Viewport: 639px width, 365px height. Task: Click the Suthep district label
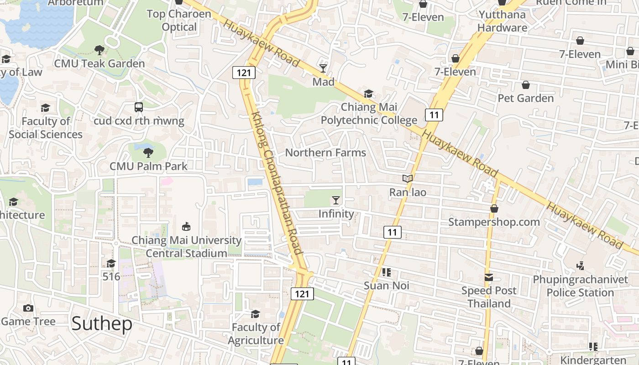(102, 323)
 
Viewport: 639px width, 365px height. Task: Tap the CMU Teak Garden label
(100, 63)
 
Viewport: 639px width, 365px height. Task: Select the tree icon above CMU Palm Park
(148, 152)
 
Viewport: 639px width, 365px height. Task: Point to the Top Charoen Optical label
(179, 21)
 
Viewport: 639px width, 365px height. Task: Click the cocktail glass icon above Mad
(323, 68)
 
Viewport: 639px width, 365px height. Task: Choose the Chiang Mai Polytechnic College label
(369, 114)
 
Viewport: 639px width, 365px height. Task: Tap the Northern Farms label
(325, 153)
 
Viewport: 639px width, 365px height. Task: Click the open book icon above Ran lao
(408, 179)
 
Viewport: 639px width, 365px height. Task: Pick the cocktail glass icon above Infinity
(336, 200)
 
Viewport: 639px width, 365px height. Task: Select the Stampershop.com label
(494, 222)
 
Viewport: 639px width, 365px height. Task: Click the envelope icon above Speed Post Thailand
(489, 277)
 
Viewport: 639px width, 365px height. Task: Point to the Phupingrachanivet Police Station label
(580, 286)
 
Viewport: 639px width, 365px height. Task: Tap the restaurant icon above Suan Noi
(387, 272)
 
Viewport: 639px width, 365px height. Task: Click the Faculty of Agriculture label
(256, 334)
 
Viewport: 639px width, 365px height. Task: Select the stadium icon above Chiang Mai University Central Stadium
(186, 226)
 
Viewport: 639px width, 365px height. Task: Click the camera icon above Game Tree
(28, 308)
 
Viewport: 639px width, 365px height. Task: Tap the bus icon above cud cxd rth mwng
(139, 107)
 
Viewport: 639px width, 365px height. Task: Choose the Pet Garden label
(525, 98)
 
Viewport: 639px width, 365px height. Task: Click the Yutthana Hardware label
(502, 21)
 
